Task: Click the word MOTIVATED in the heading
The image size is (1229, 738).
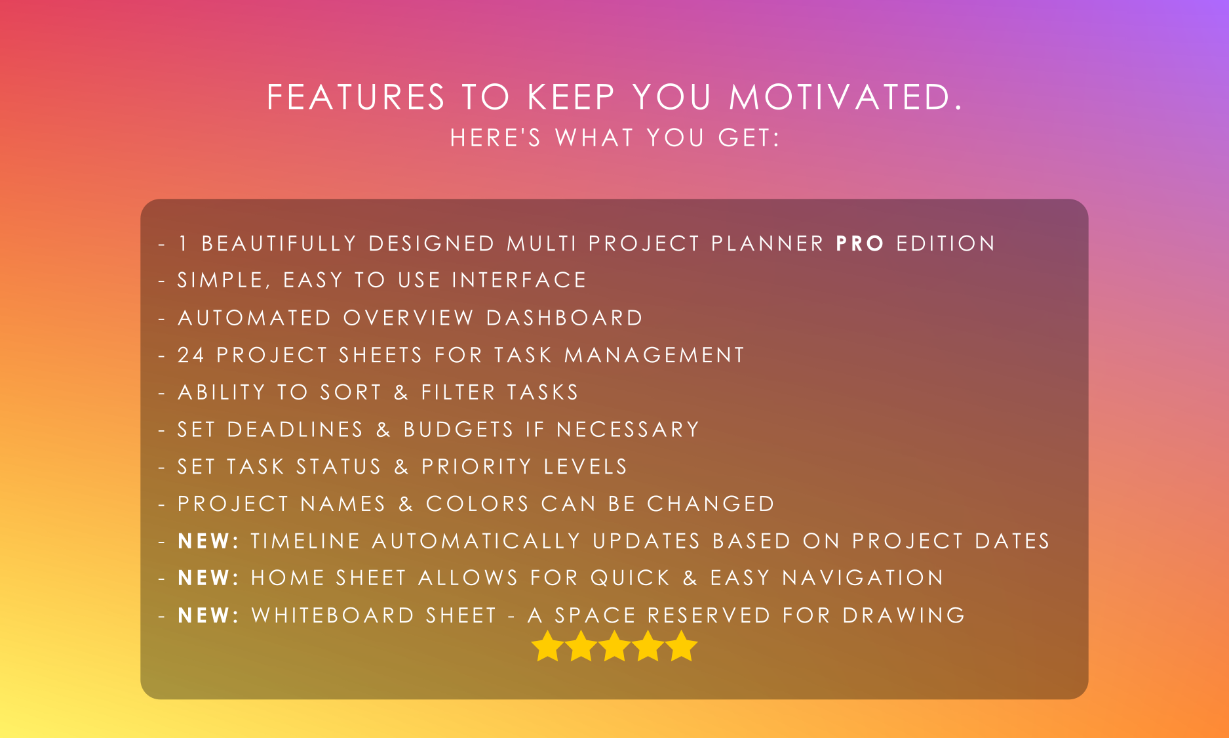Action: [x=846, y=97]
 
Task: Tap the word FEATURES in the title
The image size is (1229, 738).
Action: [x=356, y=97]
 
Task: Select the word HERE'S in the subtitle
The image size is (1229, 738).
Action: [x=496, y=138]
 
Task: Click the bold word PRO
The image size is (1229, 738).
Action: [x=860, y=243]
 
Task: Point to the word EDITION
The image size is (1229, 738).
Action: [x=945, y=243]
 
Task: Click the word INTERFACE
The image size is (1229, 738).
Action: [x=519, y=280]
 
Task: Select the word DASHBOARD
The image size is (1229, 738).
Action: [x=564, y=318]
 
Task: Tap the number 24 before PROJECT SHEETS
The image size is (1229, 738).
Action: [x=191, y=355]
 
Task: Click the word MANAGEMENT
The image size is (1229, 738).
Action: [x=654, y=355]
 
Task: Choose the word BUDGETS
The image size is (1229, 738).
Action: [x=458, y=430]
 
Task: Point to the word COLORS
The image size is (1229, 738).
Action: [x=477, y=504]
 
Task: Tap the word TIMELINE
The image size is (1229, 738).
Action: [x=305, y=541]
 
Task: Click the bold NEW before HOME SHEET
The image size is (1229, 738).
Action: [x=204, y=578]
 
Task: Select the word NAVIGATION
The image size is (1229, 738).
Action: [x=863, y=578]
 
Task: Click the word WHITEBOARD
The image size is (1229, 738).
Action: [x=333, y=615]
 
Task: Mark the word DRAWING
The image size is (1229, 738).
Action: [x=904, y=615]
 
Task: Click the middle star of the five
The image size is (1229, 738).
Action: [x=615, y=647]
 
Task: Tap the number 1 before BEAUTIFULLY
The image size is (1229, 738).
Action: [x=183, y=243]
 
